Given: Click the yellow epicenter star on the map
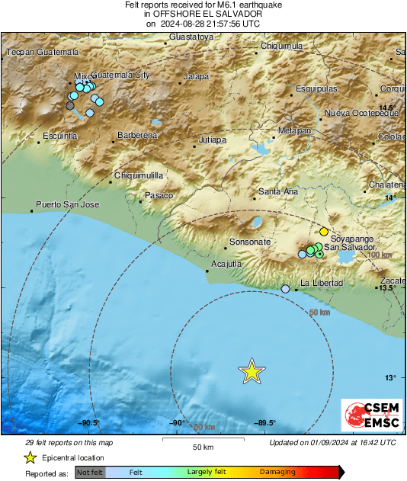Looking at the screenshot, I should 252,371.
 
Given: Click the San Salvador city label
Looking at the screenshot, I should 350,248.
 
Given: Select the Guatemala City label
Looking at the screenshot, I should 120,75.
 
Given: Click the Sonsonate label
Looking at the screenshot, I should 250,242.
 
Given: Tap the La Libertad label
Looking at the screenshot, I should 322,284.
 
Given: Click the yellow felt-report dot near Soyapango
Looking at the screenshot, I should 323,231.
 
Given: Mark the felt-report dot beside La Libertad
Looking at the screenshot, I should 286,289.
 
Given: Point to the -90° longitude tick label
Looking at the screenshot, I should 177,423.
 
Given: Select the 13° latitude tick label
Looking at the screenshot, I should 390,377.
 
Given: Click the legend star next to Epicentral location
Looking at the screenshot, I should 30,457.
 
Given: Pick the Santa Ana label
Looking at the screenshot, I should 278,191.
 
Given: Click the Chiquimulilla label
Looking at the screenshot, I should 139,175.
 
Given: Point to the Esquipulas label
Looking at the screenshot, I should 316,88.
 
